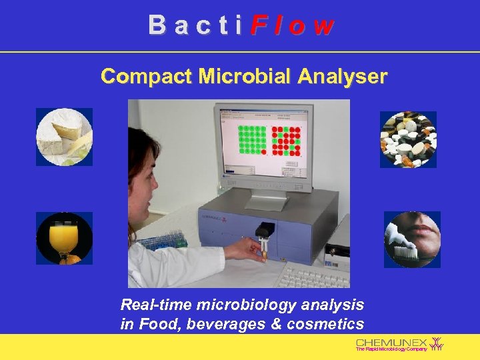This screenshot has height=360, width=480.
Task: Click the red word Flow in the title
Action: click(x=293, y=25)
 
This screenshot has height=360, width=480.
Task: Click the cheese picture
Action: click(x=64, y=137)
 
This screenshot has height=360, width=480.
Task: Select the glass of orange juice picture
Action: click(x=64, y=238)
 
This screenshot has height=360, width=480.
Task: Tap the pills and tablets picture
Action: click(x=408, y=139)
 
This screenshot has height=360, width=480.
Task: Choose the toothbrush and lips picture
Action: click(x=412, y=239)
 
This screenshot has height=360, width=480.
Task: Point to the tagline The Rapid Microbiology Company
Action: click(x=391, y=349)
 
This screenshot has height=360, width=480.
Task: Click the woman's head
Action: click(x=143, y=173)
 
